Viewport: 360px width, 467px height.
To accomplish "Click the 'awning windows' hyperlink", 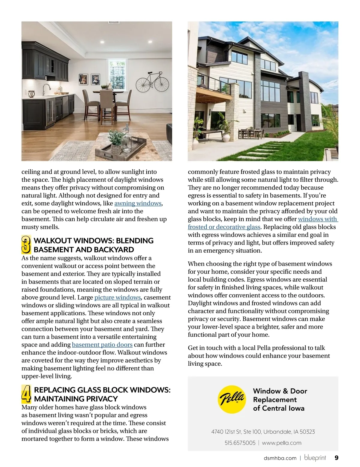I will point(138,204).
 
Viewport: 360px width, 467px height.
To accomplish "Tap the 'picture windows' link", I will point(118,298).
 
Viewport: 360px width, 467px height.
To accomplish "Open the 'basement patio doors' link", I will point(102,345).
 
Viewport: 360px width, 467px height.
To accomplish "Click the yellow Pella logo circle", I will point(231,399).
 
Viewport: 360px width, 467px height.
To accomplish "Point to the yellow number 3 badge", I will point(26,245).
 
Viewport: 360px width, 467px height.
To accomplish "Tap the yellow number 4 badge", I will point(26,394).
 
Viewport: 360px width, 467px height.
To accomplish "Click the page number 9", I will point(336,458).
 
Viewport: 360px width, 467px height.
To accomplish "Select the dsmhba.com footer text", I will point(280,458).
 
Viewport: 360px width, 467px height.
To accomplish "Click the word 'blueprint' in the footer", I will point(315,458).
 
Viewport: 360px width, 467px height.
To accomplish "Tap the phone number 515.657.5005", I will point(240,443).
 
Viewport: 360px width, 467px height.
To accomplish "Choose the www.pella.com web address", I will point(281,443).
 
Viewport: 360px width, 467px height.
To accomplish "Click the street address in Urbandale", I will point(263,432).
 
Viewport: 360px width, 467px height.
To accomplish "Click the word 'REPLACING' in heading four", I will point(55,390).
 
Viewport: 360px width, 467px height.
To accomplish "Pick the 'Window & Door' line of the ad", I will point(280,391).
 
